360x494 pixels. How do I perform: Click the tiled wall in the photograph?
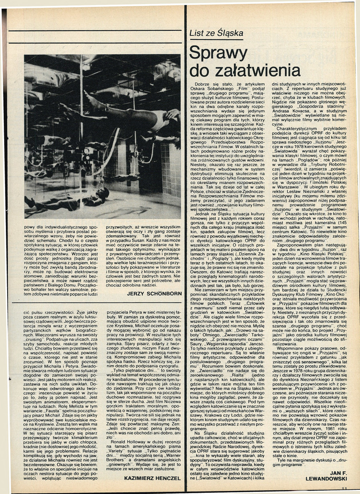pyautogui.click(x=171, y=164)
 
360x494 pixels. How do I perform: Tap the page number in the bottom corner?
pyautogui.click(x=344, y=488)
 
